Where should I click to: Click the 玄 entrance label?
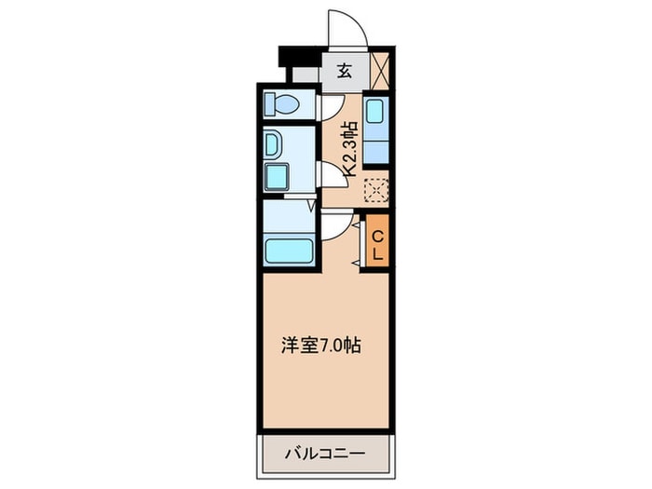(x=344, y=71)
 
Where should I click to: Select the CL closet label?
(x=377, y=241)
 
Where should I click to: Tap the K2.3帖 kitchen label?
(x=351, y=149)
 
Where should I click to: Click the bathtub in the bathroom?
(x=289, y=250)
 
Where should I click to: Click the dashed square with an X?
(x=375, y=189)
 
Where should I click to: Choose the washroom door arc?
(x=328, y=177)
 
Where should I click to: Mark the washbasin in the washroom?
(x=277, y=145)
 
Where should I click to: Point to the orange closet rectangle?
(x=377, y=241)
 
